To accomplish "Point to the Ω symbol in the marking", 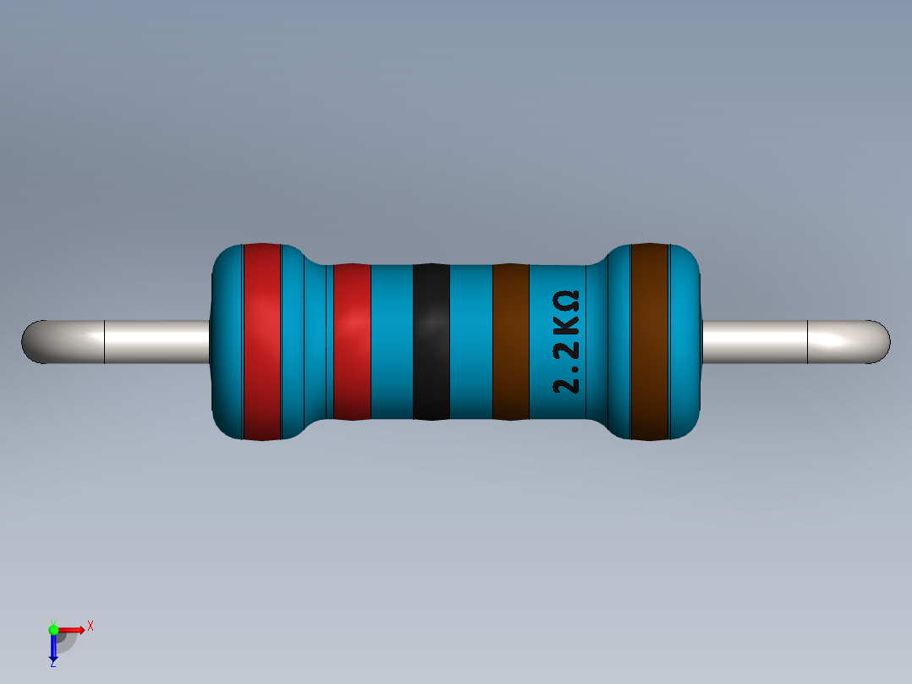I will coord(568,300).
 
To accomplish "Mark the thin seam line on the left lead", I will coord(104,342).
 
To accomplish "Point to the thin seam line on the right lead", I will coord(808,342).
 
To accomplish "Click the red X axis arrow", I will coord(72,629).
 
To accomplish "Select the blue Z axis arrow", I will coord(53,648).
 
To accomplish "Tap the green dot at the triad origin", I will coord(53,629).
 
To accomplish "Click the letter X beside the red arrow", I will coord(90,626).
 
